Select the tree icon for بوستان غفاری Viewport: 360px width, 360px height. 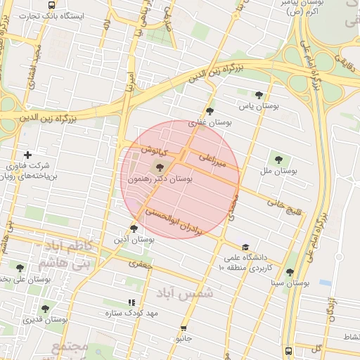pos(210,110)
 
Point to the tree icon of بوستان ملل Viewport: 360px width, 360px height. pos(278,160)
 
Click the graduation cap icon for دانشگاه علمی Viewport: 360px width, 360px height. pos(245,247)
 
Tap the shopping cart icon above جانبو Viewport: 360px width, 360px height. pos(184,328)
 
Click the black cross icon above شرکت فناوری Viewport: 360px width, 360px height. pos(27,155)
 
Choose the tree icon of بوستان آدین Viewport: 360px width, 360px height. pos(134,229)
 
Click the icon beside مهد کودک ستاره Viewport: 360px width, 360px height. pos(131,302)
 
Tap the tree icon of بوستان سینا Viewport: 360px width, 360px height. pos(290,272)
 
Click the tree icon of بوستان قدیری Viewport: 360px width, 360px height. pos(45,308)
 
